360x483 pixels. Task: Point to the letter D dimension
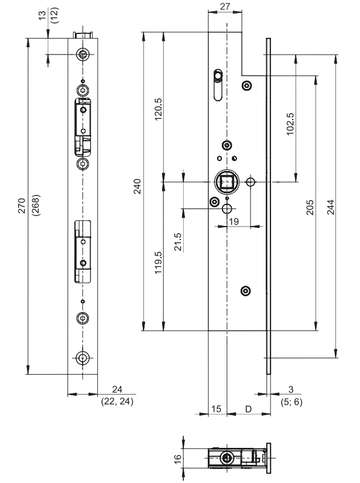pyautogui.click(x=248, y=408)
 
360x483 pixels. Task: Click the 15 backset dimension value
pyautogui.click(x=217, y=408)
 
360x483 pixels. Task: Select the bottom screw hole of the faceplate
pyautogui.click(x=84, y=358)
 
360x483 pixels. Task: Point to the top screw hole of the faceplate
pyautogui.click(x=84, y=54)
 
